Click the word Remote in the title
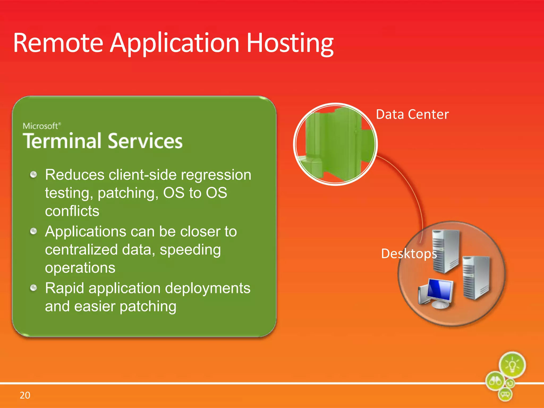point(58,43)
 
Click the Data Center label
point(412,114)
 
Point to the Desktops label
point(409,253)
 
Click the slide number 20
point(25,395)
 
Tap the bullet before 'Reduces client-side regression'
point(33,175)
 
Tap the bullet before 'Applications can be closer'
point(33,231)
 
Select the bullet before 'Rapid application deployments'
point(33,288)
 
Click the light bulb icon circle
point(512,365)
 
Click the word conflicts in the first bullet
point(72,211)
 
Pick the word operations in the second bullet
point(80,268)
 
